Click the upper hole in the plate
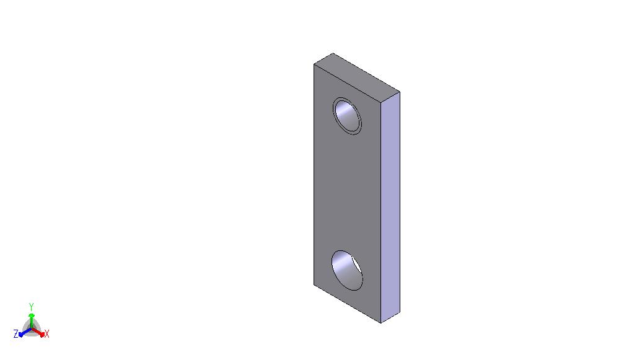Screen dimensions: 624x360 coord(348,116)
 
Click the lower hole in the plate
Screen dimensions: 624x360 coord(347,271)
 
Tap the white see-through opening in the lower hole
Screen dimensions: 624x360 coord(356,265)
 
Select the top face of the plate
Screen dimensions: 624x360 coord(356,77)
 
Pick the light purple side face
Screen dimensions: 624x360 coord(390,207)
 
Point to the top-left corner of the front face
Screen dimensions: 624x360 coord(314,64)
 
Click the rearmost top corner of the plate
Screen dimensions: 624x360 coord(333,53)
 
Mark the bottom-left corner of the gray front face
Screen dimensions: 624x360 coord(314,284)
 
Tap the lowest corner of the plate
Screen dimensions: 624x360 coord(381,323)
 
